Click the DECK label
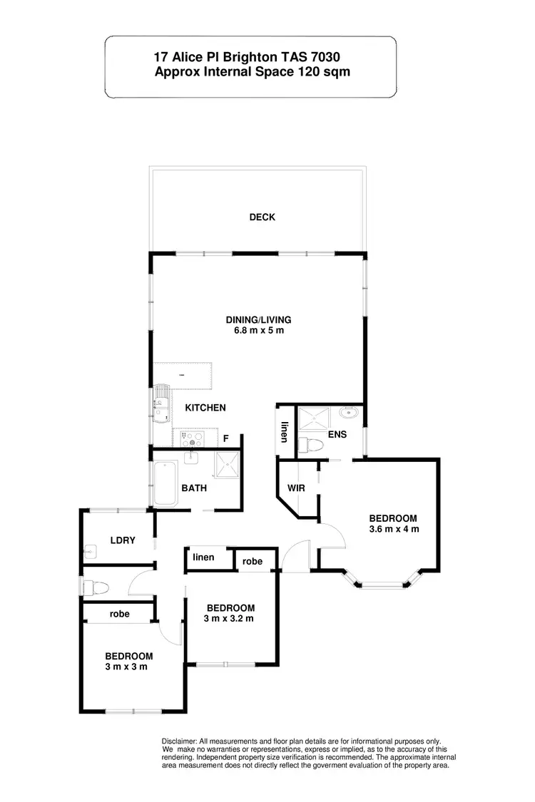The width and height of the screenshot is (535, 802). point(262,217)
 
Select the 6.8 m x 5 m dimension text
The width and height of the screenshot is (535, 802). point(258,331)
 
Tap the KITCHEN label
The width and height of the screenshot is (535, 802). point(205,408)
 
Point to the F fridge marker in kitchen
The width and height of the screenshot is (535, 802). point(226,439)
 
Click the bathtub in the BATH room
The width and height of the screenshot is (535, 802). point(166,483)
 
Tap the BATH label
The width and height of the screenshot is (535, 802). point(194,488)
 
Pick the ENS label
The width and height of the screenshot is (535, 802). point(338,433)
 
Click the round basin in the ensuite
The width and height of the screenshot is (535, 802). point(349,413)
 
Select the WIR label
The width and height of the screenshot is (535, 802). point(297,489)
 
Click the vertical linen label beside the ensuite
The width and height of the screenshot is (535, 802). point(284,432)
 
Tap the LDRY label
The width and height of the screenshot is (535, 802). point(123,540)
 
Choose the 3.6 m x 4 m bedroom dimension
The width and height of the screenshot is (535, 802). point(393,529)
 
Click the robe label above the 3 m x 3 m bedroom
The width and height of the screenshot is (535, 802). point(119,613)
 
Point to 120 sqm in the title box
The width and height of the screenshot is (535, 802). point(324,71)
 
